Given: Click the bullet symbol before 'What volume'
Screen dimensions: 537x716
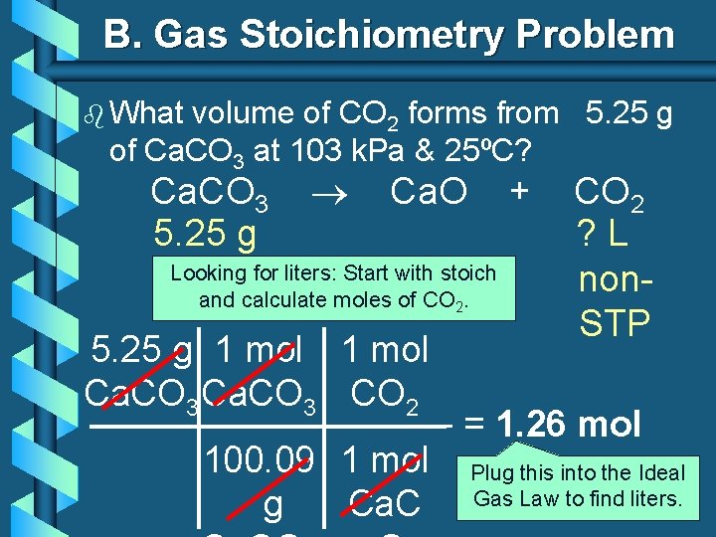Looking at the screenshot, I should point(94,114).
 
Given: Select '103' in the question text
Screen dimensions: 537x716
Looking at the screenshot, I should point(311,152).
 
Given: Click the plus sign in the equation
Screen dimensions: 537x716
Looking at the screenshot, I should point(517,189).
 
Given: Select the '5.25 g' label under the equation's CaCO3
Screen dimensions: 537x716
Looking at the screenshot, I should point(206,234).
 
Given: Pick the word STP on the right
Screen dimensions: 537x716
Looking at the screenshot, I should point(614,323).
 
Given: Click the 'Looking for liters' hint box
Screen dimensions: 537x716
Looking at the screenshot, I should point(333,285).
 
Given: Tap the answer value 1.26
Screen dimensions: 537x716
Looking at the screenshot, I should point(531,425).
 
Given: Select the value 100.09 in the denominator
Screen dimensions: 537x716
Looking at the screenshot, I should point(261,460).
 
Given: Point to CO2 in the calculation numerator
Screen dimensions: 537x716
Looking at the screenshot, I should point(385,396).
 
